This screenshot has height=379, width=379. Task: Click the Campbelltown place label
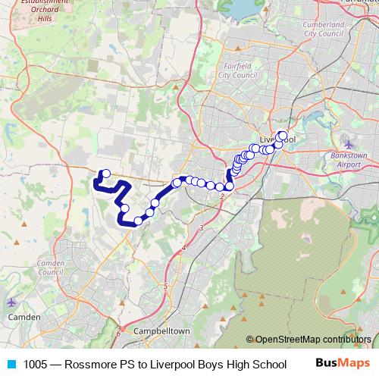(x=160, y=332)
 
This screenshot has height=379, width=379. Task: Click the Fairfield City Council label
(x=238, y=71)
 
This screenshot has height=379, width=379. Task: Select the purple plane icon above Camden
(x=14, y=302)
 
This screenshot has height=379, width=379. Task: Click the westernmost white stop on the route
(x=106, y=174)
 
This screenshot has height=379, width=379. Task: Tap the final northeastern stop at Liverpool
(x=283, y=136)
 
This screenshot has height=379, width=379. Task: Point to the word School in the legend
(x=269, y=365)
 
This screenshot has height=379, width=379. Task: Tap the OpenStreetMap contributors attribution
(x=313, y=340)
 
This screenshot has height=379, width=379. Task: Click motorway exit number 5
(x=164, y=286)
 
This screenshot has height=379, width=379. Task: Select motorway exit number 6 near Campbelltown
(x=118, y=331)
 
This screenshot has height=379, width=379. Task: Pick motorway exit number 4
(x=184, y=247)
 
